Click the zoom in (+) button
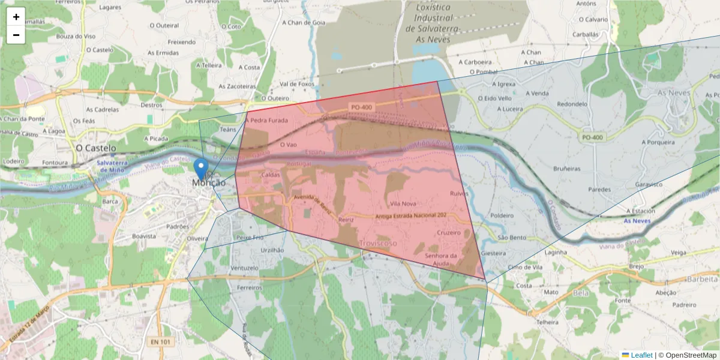coord(16,17)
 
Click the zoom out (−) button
coord(16,35)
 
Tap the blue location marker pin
coord(201,168)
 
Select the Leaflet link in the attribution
coord(641,355)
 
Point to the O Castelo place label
coord(96,148)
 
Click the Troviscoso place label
coord(378,243)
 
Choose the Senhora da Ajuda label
coord(441,259)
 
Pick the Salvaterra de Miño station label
coord(112,166)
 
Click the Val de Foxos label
coord(297,84)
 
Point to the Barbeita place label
coord(702,279)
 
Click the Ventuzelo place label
coord(244,268)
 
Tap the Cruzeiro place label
coord(448,232)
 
